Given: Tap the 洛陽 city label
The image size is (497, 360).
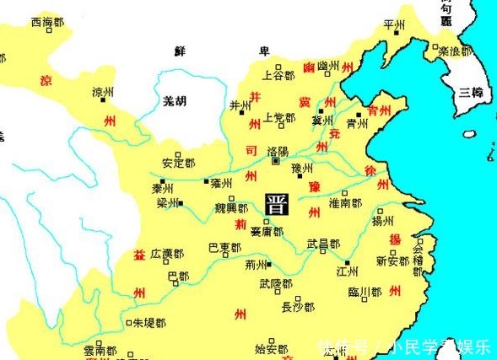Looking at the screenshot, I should [x=278, y=152].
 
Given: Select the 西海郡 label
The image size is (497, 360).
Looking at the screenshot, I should [x=47, y=22].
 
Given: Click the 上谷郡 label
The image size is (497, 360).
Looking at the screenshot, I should [x=278, y=74].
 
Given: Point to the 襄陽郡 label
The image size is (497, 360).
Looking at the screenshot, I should [x=267, y=231].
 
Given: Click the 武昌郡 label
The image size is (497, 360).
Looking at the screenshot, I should [x=323, y=244].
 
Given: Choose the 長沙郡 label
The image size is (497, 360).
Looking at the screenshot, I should [x=298, y=307].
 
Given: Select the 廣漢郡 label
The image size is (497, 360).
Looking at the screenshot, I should [x=167, y=254].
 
